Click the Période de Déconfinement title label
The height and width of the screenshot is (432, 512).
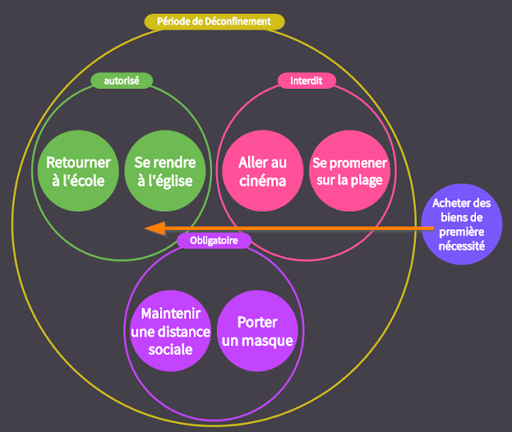[x=214, y=22]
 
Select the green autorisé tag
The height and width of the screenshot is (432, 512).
[x=122, y=80]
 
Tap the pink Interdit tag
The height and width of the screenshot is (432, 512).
[x=306, y=80]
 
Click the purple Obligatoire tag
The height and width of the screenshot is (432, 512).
[x=214, y=240]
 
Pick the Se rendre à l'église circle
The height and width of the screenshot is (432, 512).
[x=160, y=171]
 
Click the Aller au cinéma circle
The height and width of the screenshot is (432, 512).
[x=262, y=171]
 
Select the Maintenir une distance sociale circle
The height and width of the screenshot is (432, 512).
[x=170, y=330]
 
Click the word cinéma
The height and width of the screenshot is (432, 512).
[x=262, y=180]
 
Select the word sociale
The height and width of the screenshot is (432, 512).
[x=170, y=350]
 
